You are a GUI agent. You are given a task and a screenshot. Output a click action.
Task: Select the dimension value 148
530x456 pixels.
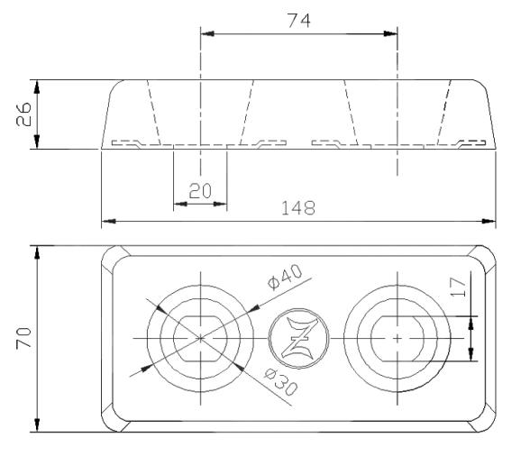pyautogui.click(x=298, y=208)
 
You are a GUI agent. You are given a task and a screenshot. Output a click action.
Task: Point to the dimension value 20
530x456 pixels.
pyautogui.click(x=200, y=190)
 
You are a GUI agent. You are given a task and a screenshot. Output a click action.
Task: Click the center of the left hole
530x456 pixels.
pyautogui.click(x=199, y=337)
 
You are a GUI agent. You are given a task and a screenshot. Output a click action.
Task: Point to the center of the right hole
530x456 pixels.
pyautogui.click(x=397, y=337)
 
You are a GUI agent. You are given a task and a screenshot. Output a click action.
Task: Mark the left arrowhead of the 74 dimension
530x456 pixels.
pyautogui.click(x=206, y=34)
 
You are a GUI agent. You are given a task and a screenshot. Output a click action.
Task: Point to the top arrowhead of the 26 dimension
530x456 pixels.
pyautogui.click(x=37, y=85)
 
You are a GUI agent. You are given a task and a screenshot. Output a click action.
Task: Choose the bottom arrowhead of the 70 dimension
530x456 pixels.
pyautogui.click(x=37, y=424)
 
